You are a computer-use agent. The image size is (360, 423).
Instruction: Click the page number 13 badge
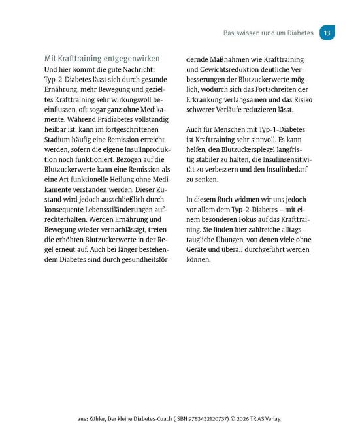point(327,33)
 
